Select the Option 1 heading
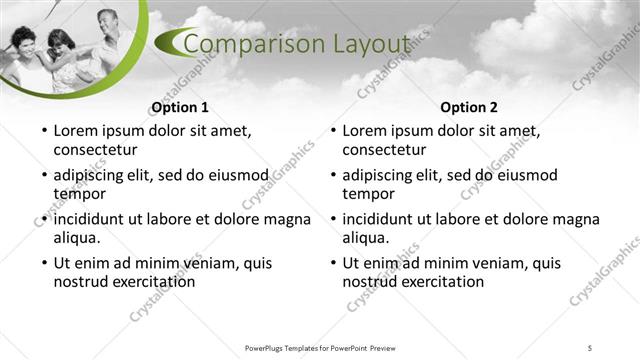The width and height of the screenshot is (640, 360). point(179,108)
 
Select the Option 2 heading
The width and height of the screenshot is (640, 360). point(469,108)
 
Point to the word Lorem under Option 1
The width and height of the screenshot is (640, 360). point(77,131)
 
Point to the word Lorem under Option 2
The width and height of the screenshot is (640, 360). point(366,131)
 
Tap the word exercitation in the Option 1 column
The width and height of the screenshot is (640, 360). point(151,282)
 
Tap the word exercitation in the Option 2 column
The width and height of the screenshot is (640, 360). point(440,282)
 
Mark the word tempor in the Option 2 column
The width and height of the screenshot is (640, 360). point(369,194)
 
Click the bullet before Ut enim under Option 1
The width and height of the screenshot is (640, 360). point(43,264)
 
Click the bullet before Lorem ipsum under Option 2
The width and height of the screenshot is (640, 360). point(332,132)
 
